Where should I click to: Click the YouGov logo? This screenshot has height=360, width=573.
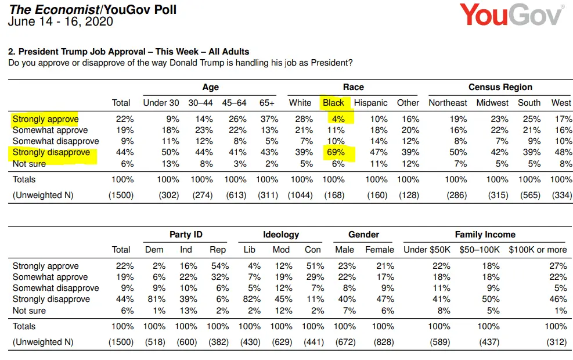click(x=511, y=15)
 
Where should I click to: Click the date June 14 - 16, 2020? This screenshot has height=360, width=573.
click(x=60, y=22)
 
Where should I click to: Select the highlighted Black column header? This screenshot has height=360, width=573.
click(x=334, y=103)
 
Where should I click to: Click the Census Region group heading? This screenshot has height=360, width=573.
click(x=500, y=87)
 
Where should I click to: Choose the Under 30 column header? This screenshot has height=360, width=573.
click(x=161, y=103)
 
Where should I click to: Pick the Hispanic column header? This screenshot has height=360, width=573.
click(x=370, y=103)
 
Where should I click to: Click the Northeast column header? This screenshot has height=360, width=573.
click(x=448, y=103)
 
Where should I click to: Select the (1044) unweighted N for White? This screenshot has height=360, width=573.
click(x=300, y=195)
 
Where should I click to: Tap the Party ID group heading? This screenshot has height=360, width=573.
click(x=186, y=235)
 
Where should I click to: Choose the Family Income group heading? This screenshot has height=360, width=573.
click(x=485, y=235)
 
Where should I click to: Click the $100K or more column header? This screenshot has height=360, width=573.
click(x=538, y=250)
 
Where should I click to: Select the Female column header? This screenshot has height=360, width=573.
click(x=379, y=250)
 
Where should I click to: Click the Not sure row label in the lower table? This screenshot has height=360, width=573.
click(x=29, y=311)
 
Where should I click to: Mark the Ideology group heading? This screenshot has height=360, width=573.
click(x=281, y=235)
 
